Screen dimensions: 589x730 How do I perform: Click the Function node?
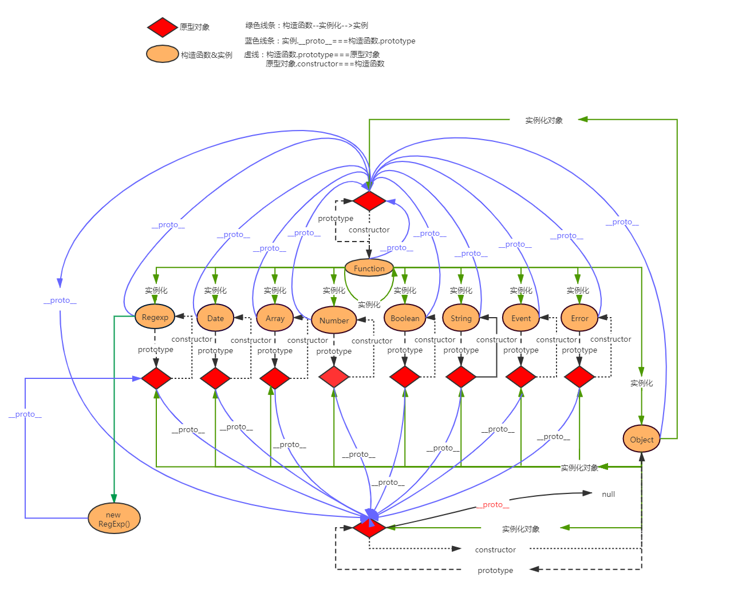click(x=369, y=268)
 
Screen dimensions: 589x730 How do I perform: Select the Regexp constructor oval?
click(x=155, y=317)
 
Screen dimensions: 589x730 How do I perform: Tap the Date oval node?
click(x=215, y=318)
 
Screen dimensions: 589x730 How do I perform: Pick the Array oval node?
click(x=275, y=318)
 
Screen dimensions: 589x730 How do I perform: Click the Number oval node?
click(x=334, y=321)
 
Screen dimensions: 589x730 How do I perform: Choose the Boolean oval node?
click(x=405, y=318)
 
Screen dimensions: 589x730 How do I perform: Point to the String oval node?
click(x=461, y=318)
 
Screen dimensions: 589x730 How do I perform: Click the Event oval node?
click(x=521, y=318)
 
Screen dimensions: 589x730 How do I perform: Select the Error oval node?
click(x=579, y=318)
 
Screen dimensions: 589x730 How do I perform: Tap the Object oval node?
click(x=641, y=440)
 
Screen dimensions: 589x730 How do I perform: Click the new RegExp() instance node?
click(x=114, y=519)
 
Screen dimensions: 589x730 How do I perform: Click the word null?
click(x=608, y=494)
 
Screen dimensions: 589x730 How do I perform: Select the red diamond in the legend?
click(x=163, y=27)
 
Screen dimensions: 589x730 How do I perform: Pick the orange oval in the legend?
click(x=163, y=54)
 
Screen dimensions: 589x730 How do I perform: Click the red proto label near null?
click(x=492, y=504)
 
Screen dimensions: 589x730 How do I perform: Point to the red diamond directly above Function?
click(x=369, y=201)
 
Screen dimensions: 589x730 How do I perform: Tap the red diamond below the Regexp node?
click(x=156, y=378)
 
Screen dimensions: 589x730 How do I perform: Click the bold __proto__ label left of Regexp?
click(x=60, y=300)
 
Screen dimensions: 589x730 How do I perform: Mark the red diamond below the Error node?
click(x=579, y=377)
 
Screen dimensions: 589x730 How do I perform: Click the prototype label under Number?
click(x=334, y=351)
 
